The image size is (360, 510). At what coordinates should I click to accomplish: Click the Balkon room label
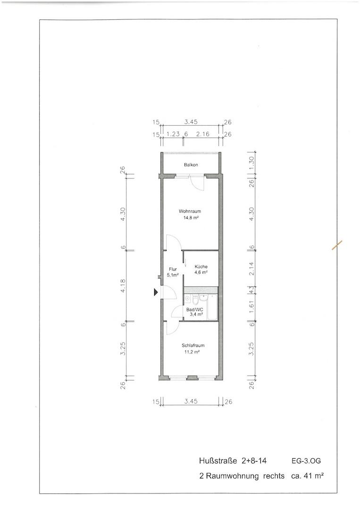pos(191,165)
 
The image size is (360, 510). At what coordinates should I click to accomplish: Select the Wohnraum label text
pos(190,212)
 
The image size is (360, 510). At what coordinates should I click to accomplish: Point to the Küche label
pos(201,267)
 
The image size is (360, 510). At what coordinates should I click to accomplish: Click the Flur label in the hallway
pos(173,269)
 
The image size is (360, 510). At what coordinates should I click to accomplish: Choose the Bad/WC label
pos(194,310)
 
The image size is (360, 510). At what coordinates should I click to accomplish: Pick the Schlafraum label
pos(193,345)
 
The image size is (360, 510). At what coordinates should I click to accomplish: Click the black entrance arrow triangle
pos(156,292)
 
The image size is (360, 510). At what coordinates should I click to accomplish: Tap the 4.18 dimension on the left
pos(123,286)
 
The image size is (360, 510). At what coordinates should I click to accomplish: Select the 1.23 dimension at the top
pos(173,134)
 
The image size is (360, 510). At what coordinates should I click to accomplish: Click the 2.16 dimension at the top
pos(203,134)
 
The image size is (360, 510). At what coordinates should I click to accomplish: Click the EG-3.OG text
pos(306,461)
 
